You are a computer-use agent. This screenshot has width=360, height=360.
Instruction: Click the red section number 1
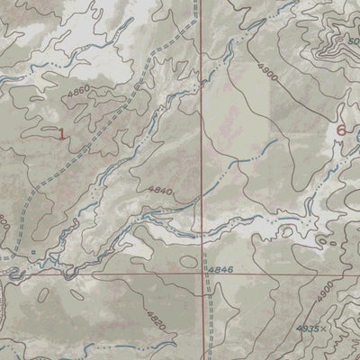pyautogui.click(x=61, y=134)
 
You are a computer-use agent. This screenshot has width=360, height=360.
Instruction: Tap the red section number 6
pyautogui.click(x=340, y=130)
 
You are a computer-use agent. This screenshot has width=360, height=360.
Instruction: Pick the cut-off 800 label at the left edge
pyautogui.click(x=3, y=220)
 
